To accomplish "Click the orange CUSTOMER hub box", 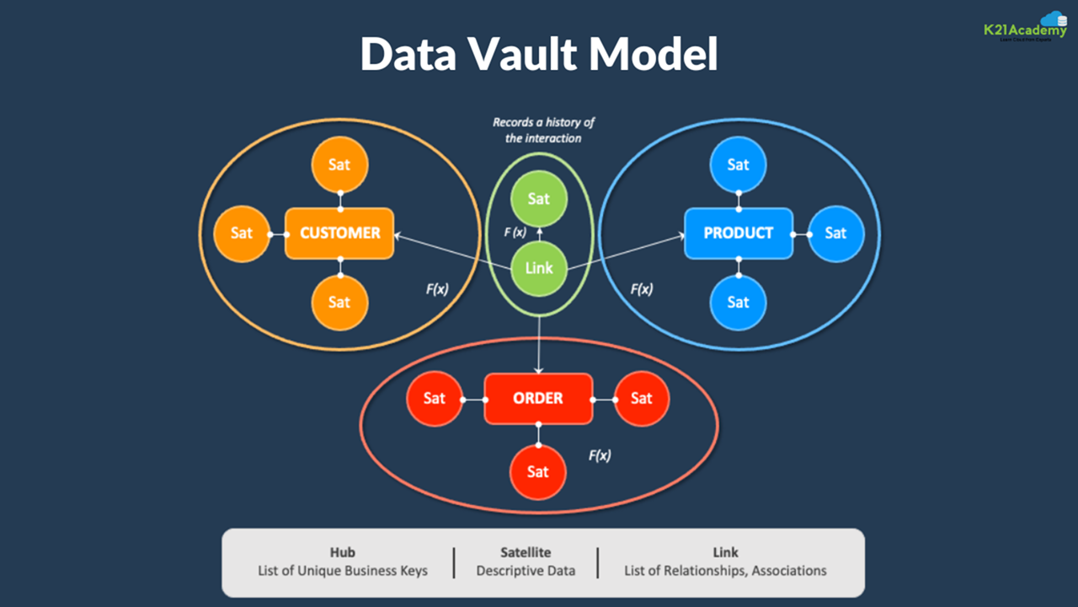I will click(339, 233).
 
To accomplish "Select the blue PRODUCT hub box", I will click(739, 233).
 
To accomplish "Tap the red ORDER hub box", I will click(538, 398).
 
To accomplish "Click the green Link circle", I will click(539, 267).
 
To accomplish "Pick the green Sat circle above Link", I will click(539, 199).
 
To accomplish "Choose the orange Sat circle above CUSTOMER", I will click(339, 164).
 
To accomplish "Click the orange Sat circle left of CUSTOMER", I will click(242, 233).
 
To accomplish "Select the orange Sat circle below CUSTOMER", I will click(339, 301).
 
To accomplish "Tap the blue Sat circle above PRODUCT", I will click(739, 164).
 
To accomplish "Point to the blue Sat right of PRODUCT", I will click(835, 233).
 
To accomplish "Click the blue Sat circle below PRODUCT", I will click(739, 301).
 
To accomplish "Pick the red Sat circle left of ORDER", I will click(435, 398).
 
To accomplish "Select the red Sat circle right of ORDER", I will click(642, 398).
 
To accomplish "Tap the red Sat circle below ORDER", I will click(538, 471).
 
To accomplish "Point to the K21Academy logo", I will click(1026, 28).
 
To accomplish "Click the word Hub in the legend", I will click(343, 552).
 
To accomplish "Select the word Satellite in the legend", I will click(526, 552).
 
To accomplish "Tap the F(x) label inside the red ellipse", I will click(600, 455).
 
